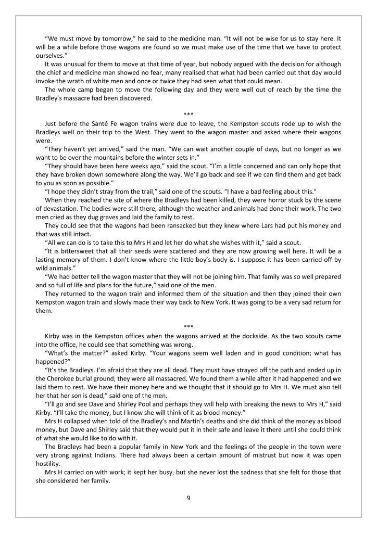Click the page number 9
click(188, 498)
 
